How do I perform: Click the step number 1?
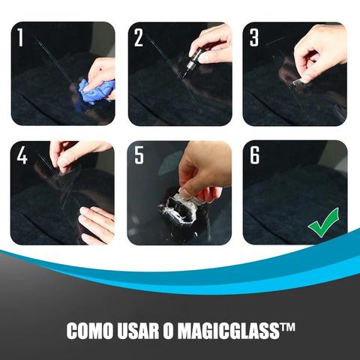20,37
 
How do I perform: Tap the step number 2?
139,37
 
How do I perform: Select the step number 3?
254,37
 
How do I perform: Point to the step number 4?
22,155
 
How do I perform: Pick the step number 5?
139,155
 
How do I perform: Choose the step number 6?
255,155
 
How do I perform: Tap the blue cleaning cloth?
96,91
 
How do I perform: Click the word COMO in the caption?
89,331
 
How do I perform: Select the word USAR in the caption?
139,331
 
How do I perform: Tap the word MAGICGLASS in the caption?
228,331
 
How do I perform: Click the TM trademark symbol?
286,327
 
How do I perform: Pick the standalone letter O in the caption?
169,331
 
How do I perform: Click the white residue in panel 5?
178,208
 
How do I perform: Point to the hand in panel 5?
204,171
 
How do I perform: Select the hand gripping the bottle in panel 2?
212,43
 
